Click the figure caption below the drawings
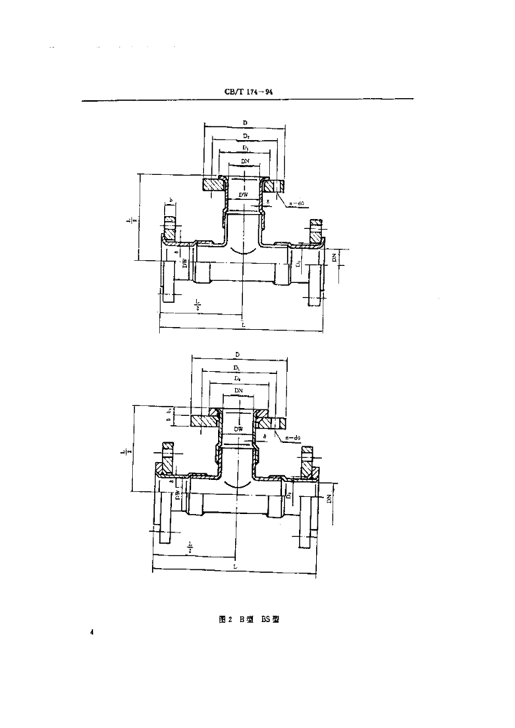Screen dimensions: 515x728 [248, 619]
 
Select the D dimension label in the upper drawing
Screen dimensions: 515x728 [245, 124]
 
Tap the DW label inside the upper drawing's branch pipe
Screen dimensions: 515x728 [243, 195]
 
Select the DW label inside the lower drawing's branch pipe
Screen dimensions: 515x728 [237, 430]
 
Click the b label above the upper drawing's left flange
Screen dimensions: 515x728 [171, 201]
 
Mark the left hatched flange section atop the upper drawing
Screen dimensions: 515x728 [212, 185]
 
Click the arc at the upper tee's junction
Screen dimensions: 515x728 [244, 251]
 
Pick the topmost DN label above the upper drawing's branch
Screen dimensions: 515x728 [244, 162]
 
